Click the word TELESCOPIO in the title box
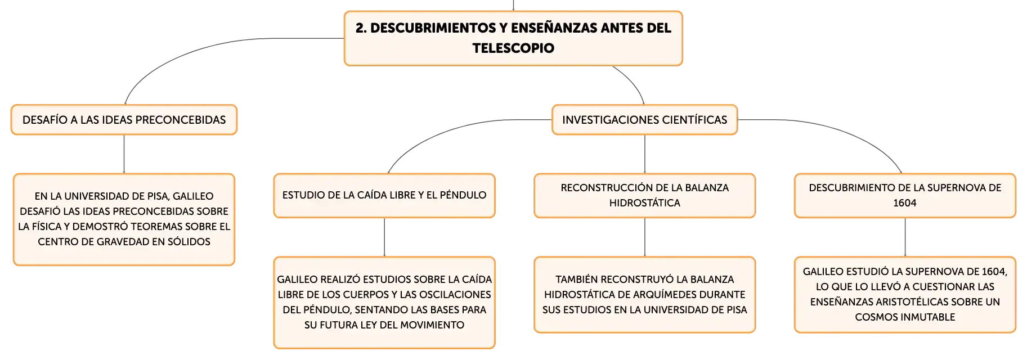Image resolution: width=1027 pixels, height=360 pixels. coord(513,48)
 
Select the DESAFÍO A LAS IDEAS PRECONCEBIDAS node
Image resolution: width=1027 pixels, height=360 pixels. coord(124,120)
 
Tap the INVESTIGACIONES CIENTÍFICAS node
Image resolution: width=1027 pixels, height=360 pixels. coord(644,120)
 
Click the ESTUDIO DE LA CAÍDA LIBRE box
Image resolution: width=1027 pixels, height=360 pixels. coord(384,195)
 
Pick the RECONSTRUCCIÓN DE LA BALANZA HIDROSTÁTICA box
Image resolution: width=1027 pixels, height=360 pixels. coord(644,195)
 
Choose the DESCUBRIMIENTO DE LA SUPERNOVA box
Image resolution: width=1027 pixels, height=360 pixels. coord(905,195)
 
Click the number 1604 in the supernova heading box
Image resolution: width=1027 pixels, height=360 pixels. coord(905,203)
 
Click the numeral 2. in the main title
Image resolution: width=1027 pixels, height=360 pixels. coord(361,28)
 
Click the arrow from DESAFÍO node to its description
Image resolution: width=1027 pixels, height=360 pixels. coord(124,154)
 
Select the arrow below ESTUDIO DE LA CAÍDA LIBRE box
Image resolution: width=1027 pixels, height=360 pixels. coord(384,237)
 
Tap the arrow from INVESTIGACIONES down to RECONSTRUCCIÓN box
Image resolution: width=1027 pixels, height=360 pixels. coord(644,154)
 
